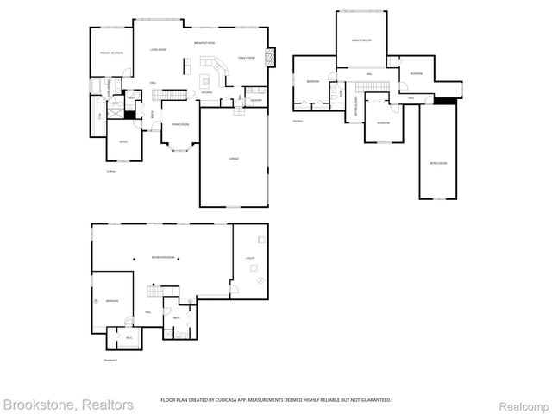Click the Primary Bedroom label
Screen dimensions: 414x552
tap(110, 53)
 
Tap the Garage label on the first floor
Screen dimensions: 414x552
tap(234, 159)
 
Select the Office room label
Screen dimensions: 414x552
tap(123, 141)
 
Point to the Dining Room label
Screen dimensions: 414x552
tap(181, 125)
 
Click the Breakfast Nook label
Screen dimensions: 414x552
tap(204, 43)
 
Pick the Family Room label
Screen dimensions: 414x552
tap(246, 59)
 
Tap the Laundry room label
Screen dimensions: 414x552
tap(256, 100)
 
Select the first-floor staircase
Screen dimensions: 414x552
tap(177, 92)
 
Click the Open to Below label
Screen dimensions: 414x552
tap(361, 41)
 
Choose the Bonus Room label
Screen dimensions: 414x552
tap(438, 162)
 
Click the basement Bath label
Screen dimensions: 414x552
tap(176, 317)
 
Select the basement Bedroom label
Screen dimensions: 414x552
tap(112, 301)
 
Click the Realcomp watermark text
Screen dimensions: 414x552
tap(524, 404)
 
